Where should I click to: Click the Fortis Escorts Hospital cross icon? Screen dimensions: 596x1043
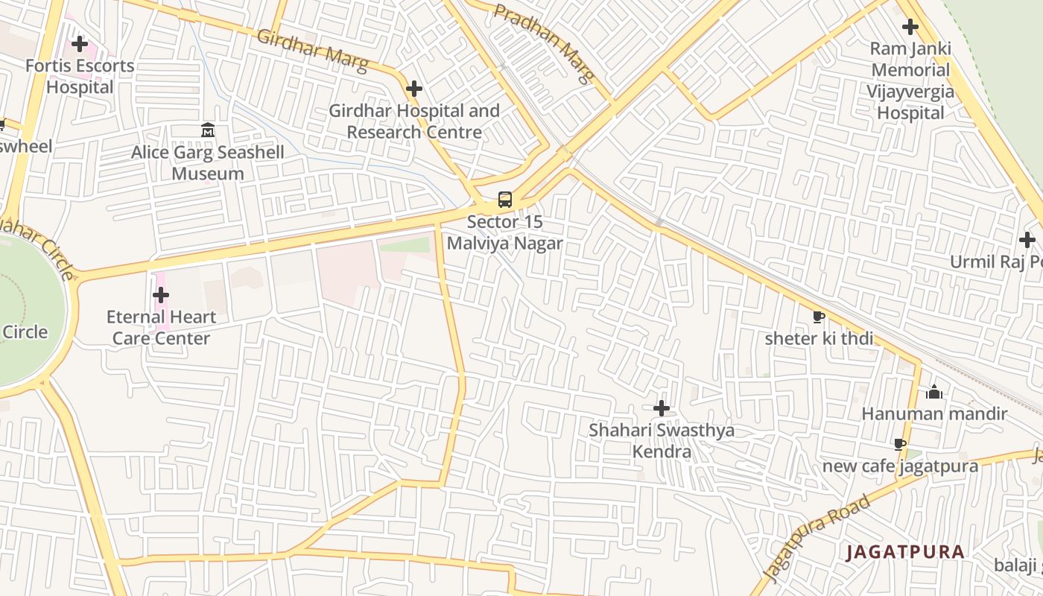pos(79,44)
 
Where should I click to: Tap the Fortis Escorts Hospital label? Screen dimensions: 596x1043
pos(80,76)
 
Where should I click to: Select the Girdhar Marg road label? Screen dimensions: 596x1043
pos(312,51)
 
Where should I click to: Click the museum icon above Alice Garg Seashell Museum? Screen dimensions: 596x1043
pos(208,131)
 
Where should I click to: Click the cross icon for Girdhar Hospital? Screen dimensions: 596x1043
pos(414,89)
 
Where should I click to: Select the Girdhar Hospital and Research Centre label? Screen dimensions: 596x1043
pos(414,121)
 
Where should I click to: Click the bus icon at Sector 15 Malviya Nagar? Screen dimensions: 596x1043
pos(505,200)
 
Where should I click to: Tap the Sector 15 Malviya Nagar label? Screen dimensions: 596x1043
pos(505,232)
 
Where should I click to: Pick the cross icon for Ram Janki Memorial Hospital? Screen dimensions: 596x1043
pos(910,28)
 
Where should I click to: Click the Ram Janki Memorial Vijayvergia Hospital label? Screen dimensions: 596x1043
pos(910,80)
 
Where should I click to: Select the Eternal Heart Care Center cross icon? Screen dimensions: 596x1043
pos(160,296)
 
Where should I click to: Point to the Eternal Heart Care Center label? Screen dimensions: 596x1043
pos(161,327)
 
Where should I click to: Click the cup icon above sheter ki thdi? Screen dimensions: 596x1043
pos(818,317)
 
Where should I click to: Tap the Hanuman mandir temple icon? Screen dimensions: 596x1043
pos(934,392)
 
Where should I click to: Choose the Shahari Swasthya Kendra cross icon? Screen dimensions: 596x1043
pos(661,408)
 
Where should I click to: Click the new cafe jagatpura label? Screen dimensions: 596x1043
pos(900,466)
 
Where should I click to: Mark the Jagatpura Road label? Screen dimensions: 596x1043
pos(817,537)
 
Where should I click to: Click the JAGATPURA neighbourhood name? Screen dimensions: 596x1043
pos(905,552)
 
